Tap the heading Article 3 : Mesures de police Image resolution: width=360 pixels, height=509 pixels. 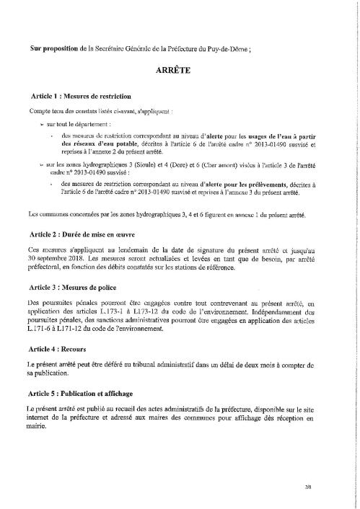click(x=71, y=287)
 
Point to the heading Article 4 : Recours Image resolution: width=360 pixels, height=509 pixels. click(x=58, y=349)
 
